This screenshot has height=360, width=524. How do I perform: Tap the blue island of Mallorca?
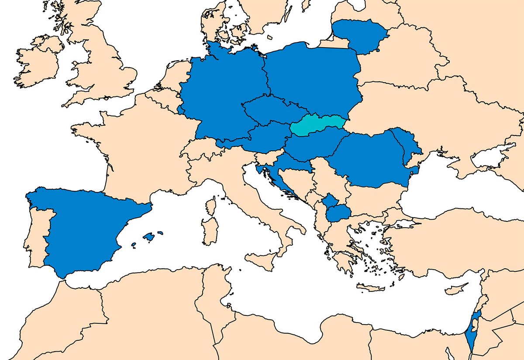148,237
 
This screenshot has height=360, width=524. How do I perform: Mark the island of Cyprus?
454,291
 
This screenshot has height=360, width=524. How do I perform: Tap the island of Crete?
371,287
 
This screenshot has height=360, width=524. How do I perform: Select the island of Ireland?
37,66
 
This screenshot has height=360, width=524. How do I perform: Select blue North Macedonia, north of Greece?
339,214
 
